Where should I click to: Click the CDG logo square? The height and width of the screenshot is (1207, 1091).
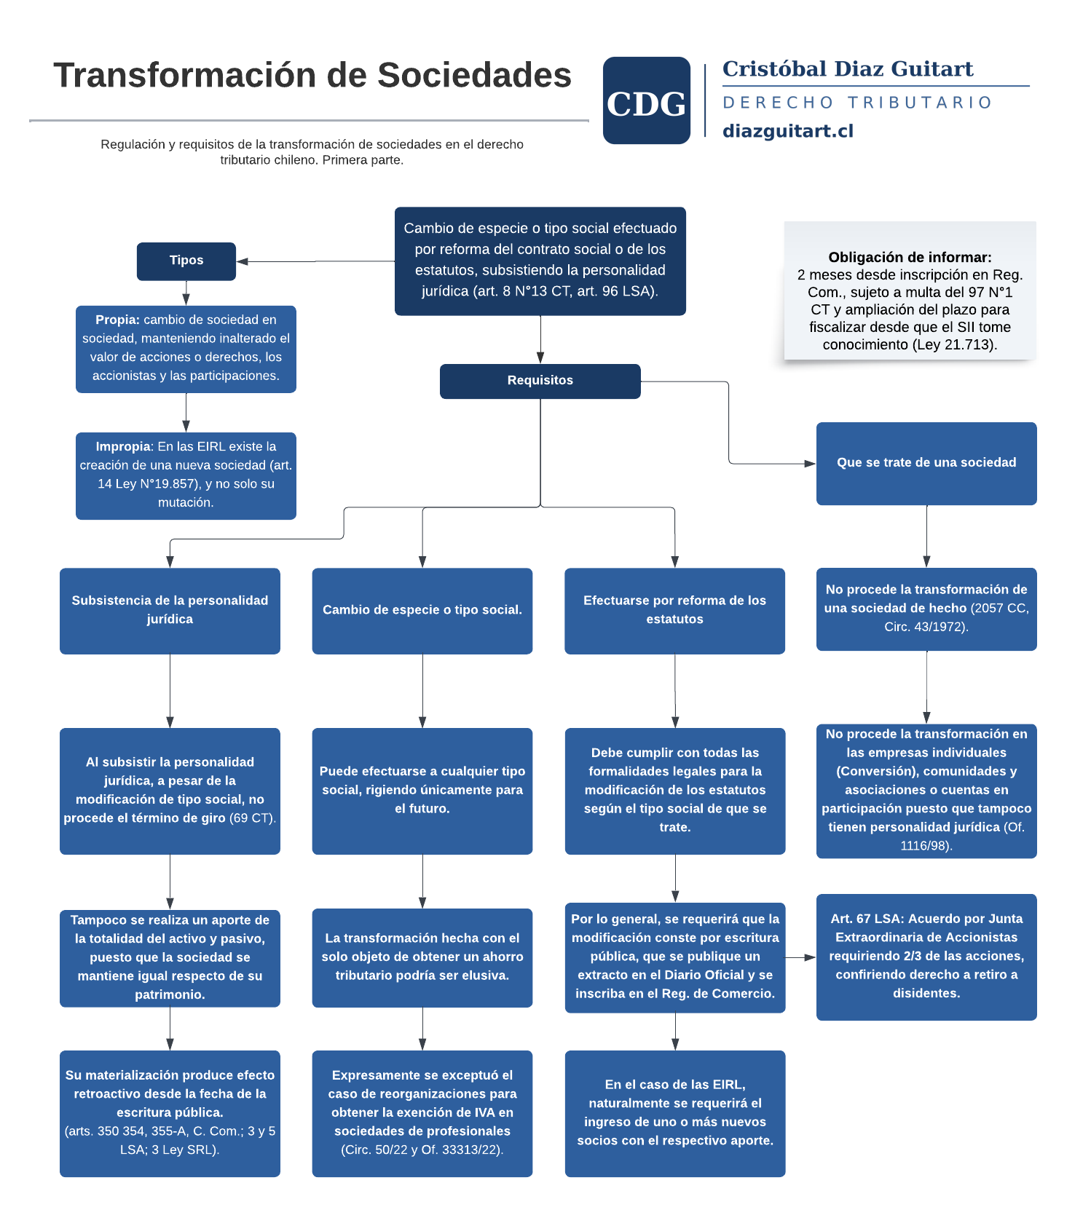646,100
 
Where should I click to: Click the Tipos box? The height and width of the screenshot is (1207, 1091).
186,261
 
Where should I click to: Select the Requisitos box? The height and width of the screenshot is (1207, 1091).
540,381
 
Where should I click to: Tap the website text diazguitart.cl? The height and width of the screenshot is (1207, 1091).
787,131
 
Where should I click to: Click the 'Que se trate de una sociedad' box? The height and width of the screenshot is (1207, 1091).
926,463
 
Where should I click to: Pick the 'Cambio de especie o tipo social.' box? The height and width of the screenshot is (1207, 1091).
422,610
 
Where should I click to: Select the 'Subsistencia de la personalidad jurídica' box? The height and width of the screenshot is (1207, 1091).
170,610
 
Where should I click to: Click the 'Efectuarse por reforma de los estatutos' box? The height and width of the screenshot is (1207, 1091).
674,610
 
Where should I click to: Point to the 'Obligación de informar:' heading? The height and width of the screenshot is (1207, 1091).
910,257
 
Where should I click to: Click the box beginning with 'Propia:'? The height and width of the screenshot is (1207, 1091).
186,349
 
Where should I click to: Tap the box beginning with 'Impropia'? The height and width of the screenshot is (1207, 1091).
186,475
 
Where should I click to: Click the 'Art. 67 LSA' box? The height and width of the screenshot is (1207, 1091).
926,957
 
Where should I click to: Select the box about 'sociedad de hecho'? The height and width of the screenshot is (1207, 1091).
926,609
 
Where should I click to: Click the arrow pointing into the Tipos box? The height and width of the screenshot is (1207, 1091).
243,261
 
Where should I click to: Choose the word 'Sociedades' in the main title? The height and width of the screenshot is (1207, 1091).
474,75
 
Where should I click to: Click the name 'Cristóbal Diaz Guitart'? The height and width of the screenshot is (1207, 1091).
847,69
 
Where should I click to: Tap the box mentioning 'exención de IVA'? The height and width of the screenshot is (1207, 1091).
422,1112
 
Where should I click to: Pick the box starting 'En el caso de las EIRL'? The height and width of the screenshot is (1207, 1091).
674,1112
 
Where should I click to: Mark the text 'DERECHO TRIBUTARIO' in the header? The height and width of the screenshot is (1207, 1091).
857,103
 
